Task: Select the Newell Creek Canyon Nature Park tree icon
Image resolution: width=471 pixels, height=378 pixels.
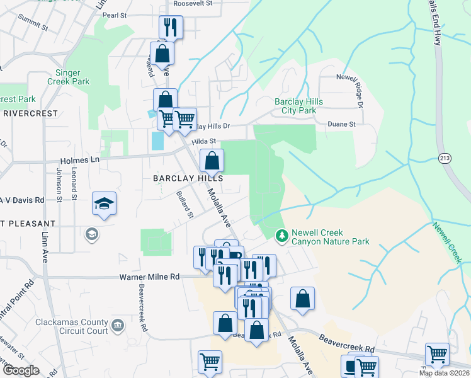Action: coord(282,236)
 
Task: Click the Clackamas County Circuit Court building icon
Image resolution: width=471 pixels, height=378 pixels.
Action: coord(117,326)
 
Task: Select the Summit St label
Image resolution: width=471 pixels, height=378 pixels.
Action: coord(33,26)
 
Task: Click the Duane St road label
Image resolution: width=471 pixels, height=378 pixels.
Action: coord(342,124)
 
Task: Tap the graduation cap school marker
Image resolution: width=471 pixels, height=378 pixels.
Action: coord(104,203)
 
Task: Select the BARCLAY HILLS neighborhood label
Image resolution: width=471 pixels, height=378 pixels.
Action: coord(188,179)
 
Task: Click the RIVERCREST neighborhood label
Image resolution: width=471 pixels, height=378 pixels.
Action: coord(30,113)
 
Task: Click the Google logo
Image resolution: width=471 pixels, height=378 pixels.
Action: coord(21,370)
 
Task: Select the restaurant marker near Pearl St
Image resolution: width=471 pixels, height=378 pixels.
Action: coord(171,27)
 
